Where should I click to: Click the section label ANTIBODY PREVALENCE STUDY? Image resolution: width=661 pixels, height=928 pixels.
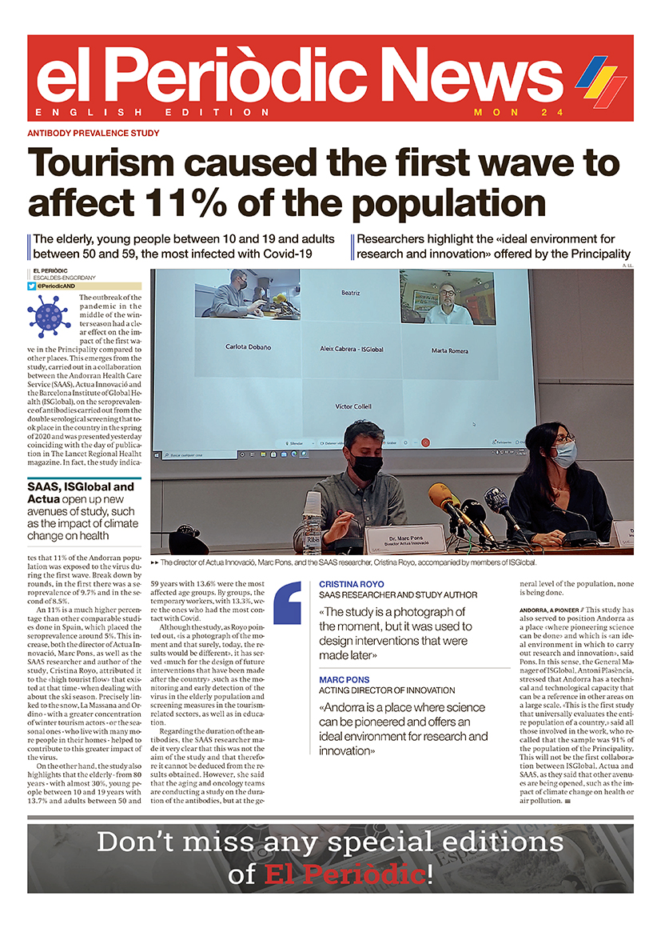coord(94,133)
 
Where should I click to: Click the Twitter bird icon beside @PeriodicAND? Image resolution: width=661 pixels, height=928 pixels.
coord(32,286)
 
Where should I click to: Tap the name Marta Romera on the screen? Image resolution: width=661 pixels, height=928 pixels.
coord(450,350)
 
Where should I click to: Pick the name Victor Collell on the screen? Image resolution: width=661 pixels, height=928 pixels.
coord(352,406)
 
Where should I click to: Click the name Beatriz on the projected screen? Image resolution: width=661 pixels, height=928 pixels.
coord(351,293)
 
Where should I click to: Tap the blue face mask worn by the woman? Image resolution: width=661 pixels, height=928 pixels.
coord(564,454)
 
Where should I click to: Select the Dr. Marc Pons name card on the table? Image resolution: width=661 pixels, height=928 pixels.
coord(404,539)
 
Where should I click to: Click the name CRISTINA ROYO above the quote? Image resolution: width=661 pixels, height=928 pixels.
coord(351,584)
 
